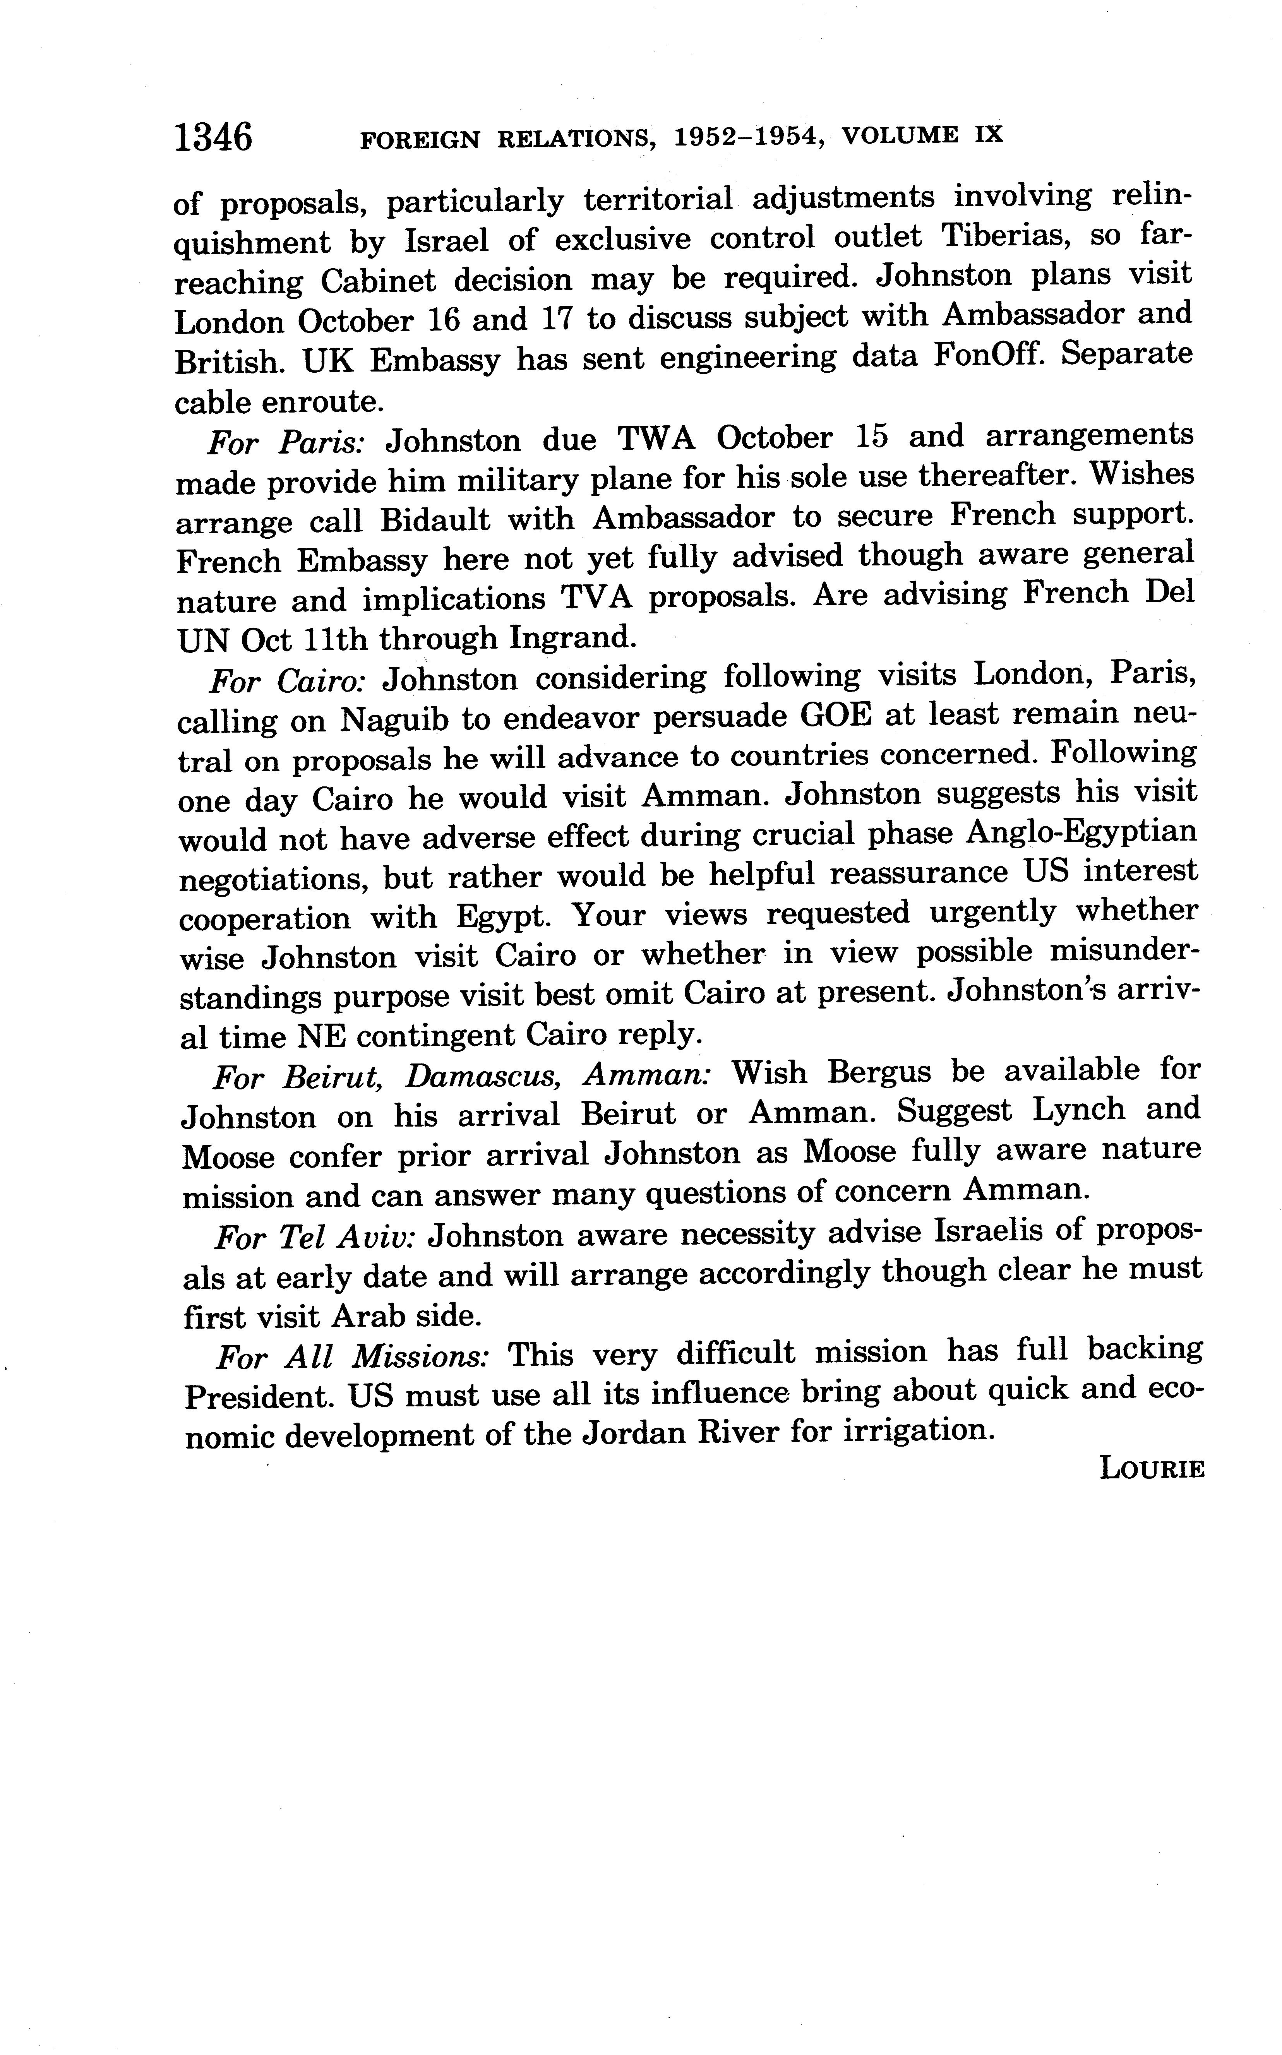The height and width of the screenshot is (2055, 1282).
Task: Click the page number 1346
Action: pyautogui.click(x=214, y=137)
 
